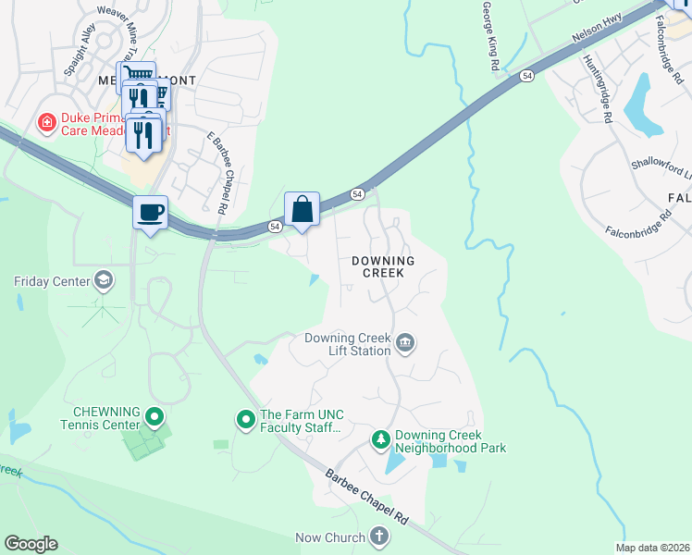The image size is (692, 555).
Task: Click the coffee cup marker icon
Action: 150,213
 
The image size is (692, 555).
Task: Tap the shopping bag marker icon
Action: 303,209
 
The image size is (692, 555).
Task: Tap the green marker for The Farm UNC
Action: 246,421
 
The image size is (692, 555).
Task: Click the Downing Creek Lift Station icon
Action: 404,344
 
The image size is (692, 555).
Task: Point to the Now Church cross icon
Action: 378,536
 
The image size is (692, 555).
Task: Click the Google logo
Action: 31,544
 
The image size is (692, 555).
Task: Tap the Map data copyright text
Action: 652,548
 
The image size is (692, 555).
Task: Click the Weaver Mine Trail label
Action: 130,25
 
